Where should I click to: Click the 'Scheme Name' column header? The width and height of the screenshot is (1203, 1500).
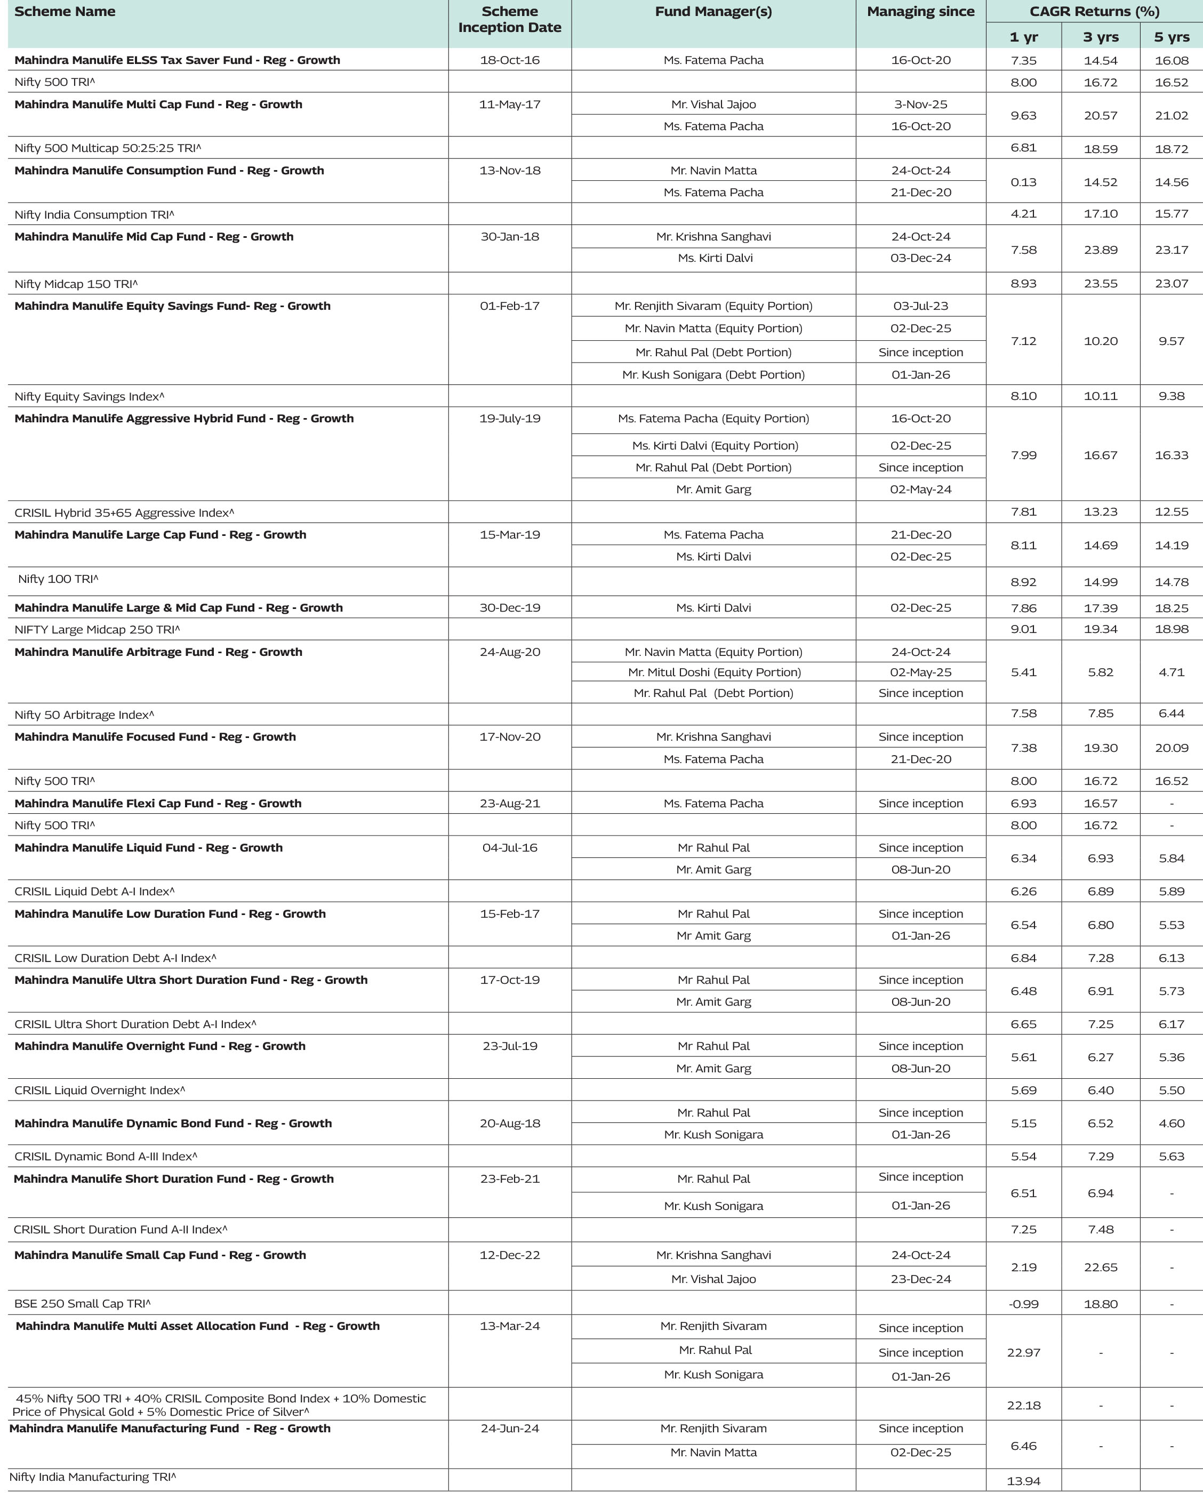click(65, 12)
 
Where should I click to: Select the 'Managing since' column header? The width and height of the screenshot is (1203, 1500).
click(920, 12)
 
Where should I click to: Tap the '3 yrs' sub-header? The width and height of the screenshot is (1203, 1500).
click(1100, 37)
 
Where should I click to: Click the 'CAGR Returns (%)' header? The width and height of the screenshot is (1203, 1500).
click(1094, 12)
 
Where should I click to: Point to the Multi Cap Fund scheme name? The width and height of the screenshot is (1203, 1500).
click(158, 105)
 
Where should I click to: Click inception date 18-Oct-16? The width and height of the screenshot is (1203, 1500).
click(509, 60)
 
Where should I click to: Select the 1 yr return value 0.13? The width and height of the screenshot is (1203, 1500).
click(1023, 182)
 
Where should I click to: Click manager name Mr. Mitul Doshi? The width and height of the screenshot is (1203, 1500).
click(714, 672)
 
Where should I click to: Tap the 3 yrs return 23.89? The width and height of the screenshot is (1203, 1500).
click(1100, 250)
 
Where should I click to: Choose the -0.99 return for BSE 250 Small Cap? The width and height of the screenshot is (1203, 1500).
click(1023, 1304)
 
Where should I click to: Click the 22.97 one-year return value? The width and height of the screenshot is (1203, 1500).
click(1023, 1352)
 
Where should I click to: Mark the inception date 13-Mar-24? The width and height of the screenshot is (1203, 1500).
click(509, 1326)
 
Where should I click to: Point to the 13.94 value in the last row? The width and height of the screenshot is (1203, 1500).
click(1023, 1481)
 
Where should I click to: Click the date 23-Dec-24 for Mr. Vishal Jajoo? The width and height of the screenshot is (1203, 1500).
click(920, 1279)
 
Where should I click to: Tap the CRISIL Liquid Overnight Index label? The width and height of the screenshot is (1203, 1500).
click(100, 1090)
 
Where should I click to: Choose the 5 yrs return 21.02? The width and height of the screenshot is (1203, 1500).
click(1171, 116)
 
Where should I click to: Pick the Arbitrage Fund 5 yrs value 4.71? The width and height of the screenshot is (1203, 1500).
click(1171, 672)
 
